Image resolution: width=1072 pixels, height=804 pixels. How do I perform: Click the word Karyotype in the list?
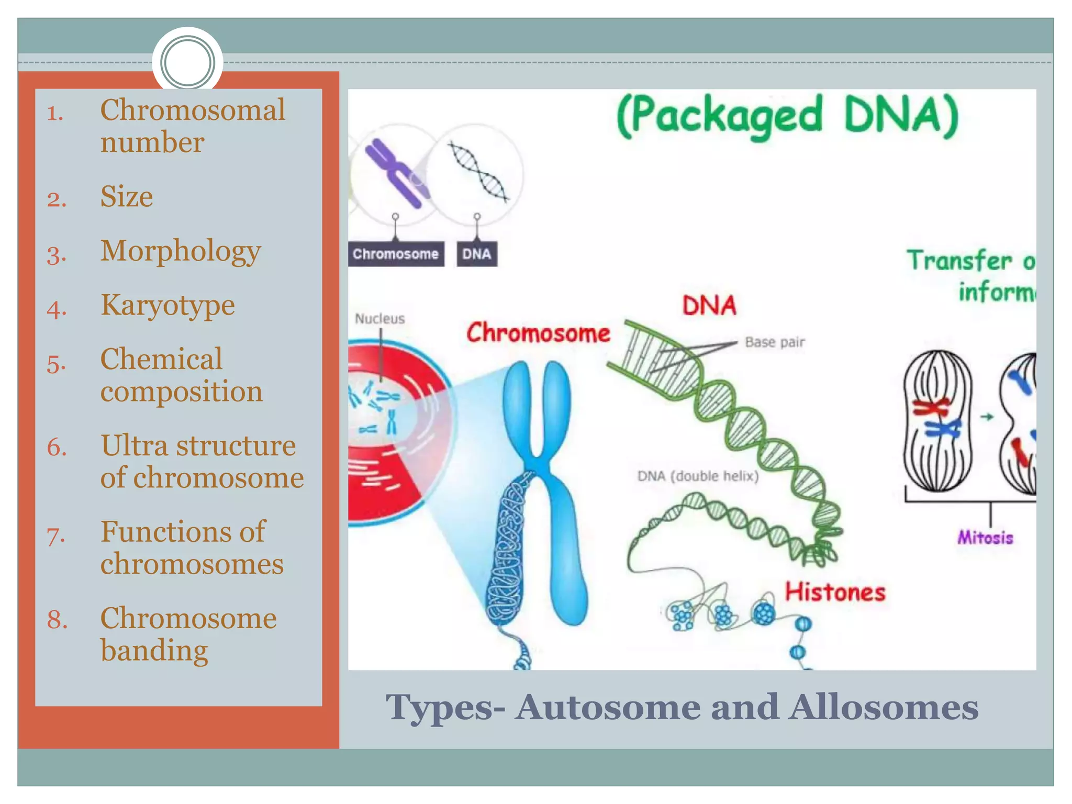167,305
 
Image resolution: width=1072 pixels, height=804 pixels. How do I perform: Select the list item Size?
127,197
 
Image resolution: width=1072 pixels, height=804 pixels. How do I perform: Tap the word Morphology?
181,251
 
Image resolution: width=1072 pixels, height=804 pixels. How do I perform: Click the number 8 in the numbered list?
57,619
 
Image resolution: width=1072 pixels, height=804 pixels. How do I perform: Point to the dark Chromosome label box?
396,254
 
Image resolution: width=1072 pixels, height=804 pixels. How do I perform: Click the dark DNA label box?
476,254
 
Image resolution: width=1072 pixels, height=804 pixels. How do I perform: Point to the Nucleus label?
379,319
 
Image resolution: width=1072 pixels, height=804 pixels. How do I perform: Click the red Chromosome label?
538,333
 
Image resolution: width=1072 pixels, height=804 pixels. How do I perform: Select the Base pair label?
774,342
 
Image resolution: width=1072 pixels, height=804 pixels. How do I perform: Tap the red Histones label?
835,593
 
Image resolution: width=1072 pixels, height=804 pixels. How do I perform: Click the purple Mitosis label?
985,538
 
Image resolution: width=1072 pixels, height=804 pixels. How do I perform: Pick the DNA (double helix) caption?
698,476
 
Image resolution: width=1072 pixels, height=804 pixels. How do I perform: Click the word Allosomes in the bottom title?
884,707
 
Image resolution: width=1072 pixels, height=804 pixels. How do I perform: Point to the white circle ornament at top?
187,62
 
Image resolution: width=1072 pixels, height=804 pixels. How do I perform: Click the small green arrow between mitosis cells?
986,417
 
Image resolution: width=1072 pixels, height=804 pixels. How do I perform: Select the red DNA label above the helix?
709,305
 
